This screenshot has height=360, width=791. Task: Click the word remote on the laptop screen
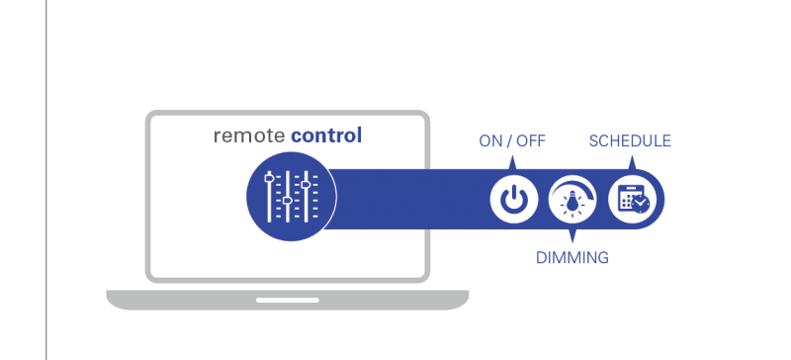(249, 135)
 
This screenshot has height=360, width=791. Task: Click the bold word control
(326, 135)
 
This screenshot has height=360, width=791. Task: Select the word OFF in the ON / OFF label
(531, 141)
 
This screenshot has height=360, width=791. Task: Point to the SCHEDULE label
(630, 141)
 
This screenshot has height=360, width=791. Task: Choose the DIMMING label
(572, 257)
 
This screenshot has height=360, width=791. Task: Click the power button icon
(512, 200)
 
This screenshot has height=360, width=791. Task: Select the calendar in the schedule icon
(628, 198)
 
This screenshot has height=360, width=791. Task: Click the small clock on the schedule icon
(641, 204)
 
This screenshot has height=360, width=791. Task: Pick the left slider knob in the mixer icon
(269, 177)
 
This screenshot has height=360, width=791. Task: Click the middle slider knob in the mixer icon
(287, 201)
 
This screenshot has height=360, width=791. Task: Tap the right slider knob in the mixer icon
(306, 185)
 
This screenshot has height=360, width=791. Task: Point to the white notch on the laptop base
(288, 300)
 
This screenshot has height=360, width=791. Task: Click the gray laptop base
(288, 300)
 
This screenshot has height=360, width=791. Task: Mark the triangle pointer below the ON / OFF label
(512, 163)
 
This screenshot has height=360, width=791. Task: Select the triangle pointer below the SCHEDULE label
(633, 163)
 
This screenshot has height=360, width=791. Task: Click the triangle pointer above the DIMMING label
(572, 234)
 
